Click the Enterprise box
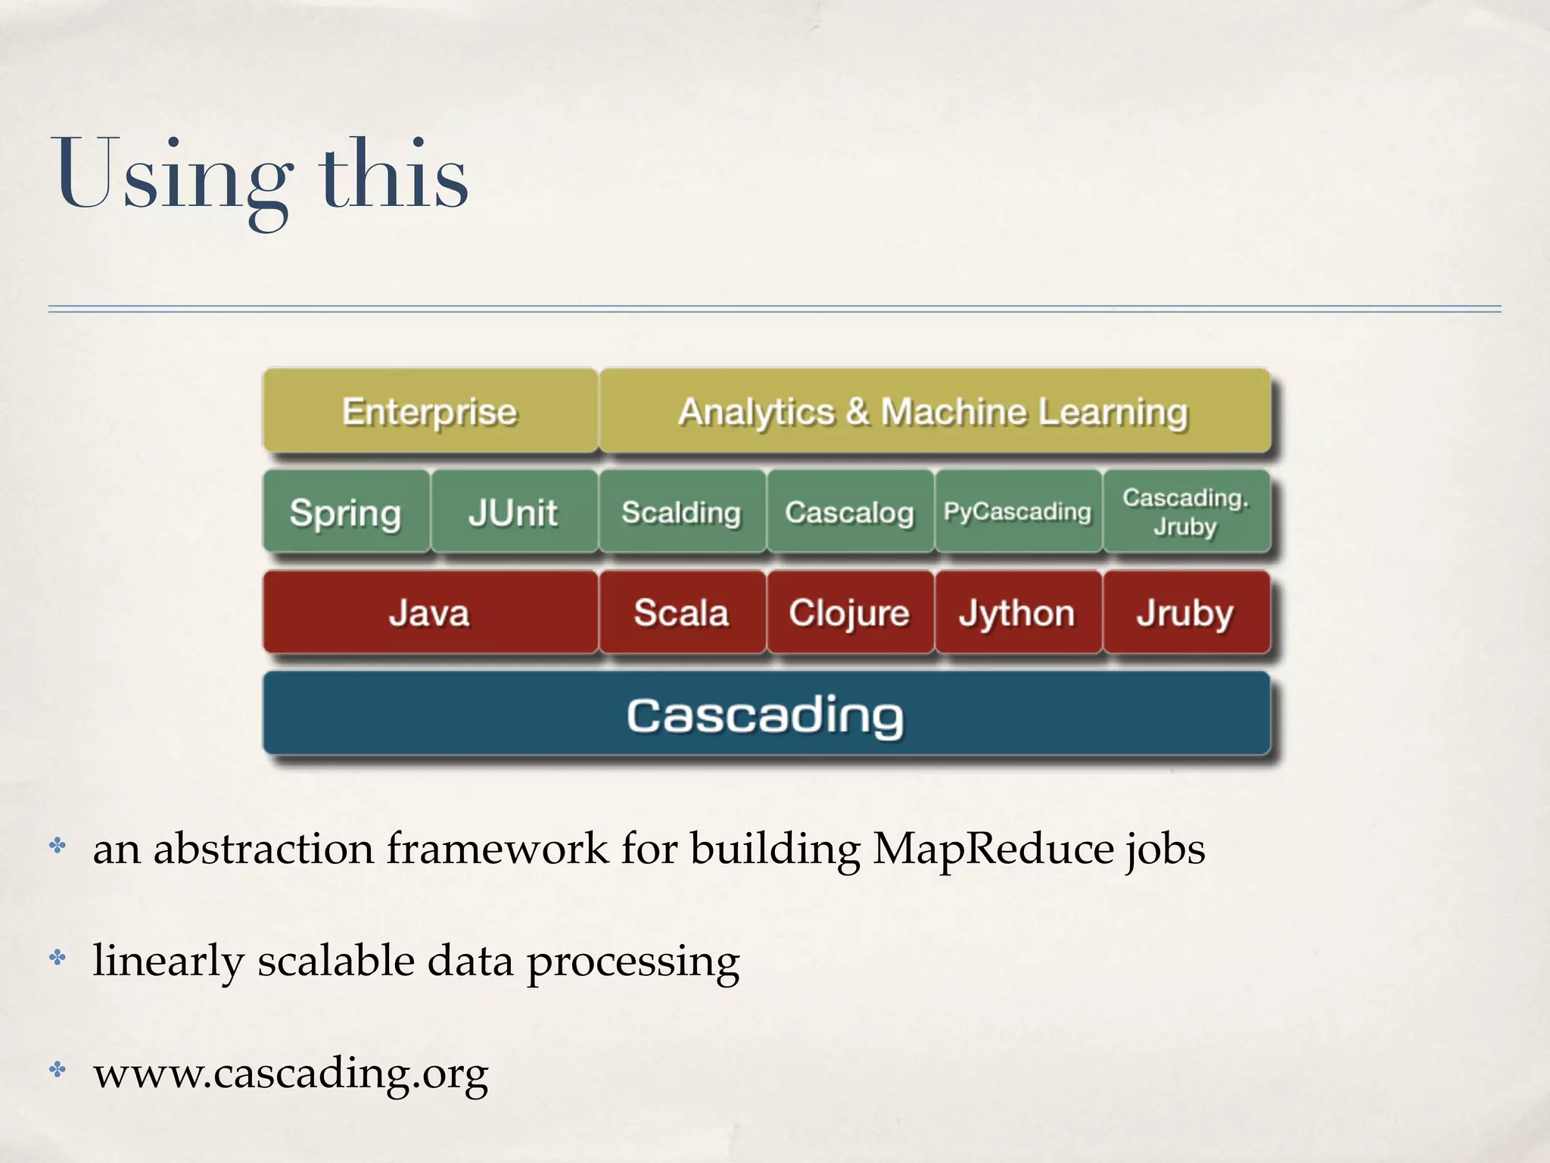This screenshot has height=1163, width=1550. [430, 412]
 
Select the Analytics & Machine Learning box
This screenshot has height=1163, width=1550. [934, 412]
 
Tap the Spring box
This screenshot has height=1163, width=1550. [346, 513]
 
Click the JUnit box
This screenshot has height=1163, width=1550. [514, 513]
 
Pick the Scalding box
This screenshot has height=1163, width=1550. [681, 513]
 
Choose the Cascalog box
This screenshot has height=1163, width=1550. [850, 513]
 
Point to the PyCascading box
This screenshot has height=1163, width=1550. [1018, 513]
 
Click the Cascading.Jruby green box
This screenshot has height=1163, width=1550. [1186, 512]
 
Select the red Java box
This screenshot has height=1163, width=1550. [430, 613]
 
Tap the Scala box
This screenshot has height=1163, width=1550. [681, 613]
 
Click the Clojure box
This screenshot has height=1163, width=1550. [850, 613]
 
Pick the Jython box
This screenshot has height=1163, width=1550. [1018, 613]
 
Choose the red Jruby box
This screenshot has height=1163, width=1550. [1186, 613]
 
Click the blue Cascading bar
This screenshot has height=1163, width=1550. [766, 715]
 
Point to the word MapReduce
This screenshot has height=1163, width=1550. [993, 849]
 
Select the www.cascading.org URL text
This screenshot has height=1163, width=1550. [291, 1073]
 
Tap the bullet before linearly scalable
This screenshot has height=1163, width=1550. [58, 959]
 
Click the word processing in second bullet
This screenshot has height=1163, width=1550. [633, 962]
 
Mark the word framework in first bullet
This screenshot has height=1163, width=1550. [497, 849]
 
